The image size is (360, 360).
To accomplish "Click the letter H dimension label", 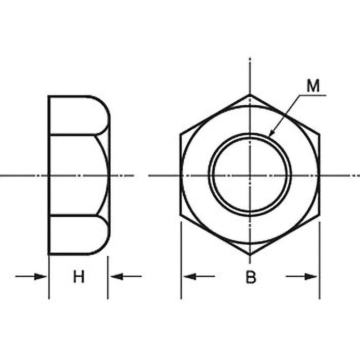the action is tap(79, 276).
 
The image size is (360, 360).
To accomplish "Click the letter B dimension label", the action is tap(251, 277).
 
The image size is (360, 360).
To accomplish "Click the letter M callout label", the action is tap(313, 86).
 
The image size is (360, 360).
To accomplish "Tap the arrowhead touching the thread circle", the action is tap(272, 133).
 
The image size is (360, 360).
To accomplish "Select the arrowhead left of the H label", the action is tap(40, 276).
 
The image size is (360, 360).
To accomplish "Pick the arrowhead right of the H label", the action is tap(117, 276).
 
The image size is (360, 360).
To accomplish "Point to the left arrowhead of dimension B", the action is tap(189, 276).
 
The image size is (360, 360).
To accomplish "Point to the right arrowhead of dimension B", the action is tap(311, 276).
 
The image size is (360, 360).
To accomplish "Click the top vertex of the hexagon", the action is tap(250, 94).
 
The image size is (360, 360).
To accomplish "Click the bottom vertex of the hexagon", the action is tap(250, 255).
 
